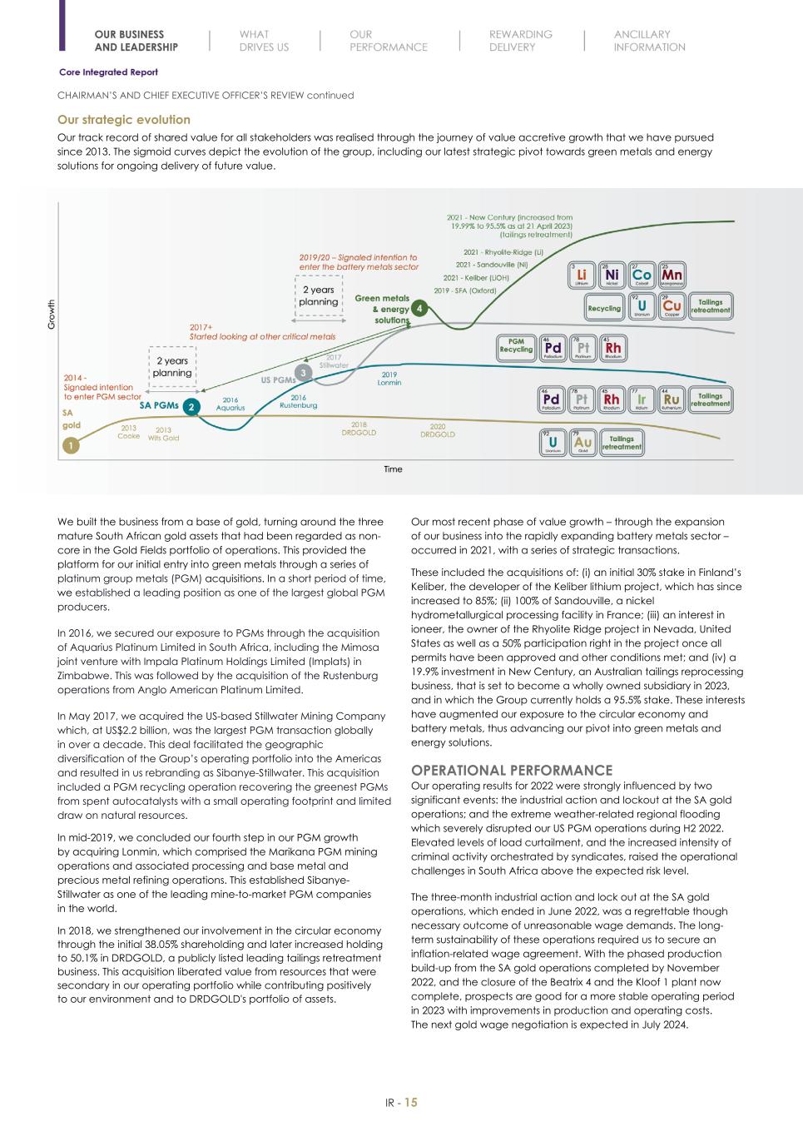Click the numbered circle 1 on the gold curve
click(x=72, y=446)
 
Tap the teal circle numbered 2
click(x=191, y=407)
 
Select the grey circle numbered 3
click(x=305, y=371)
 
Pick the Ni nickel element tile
click(x=612, y=275)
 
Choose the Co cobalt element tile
click(x=642, y=275)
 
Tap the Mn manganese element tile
click(x=672, y=275)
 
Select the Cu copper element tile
click(x=672, y=307)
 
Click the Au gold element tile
click(x=583, y=443)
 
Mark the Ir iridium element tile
click(x=642, y=400)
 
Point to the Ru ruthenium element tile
click(x=672, y=400)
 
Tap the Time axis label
click(x=393, y=469)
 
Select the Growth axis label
click(x=52, y=315)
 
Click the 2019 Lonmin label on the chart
click(x=389, y=379)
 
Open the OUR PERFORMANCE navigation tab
click(x=388, y=41)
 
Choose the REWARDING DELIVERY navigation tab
click(x=520, y=41)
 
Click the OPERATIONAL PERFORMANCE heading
click(x=512, y=770)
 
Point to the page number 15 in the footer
click(x=410, y=1103)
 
